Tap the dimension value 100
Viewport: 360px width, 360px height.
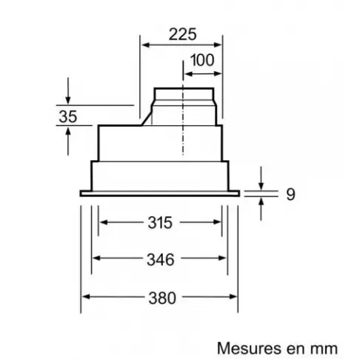point(201,59)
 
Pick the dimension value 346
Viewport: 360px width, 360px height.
point(160,259)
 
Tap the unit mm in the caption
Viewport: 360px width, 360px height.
point(324,347)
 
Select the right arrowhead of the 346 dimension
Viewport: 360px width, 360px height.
point(226,259)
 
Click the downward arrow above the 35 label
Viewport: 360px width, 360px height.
point(68,99)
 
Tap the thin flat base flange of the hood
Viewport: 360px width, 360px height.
point(159,191)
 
